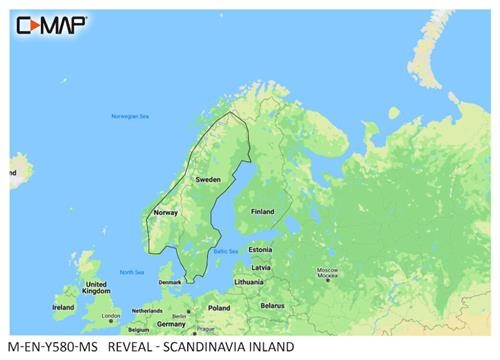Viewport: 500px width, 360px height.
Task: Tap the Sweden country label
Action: click(x=207, y=179)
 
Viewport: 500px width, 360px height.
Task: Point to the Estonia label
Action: click(x=260, y=249)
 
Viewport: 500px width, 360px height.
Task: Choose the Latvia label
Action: click(x=261, y=267)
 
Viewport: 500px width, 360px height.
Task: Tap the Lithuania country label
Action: click(x=250, y=283)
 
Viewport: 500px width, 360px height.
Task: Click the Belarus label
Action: click(x=271, y=305)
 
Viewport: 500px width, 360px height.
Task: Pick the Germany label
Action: click(x=171, y=324)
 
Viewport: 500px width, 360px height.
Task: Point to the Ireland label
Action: click(x=63, y=307)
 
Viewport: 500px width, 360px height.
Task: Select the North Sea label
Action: click(x=131, y=272)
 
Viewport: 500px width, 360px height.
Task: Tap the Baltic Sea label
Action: click(x=225, y=251)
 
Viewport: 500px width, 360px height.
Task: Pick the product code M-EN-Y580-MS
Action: click(x=51, y=348)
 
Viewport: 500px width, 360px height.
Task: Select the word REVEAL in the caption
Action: click(x=128, y=348)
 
